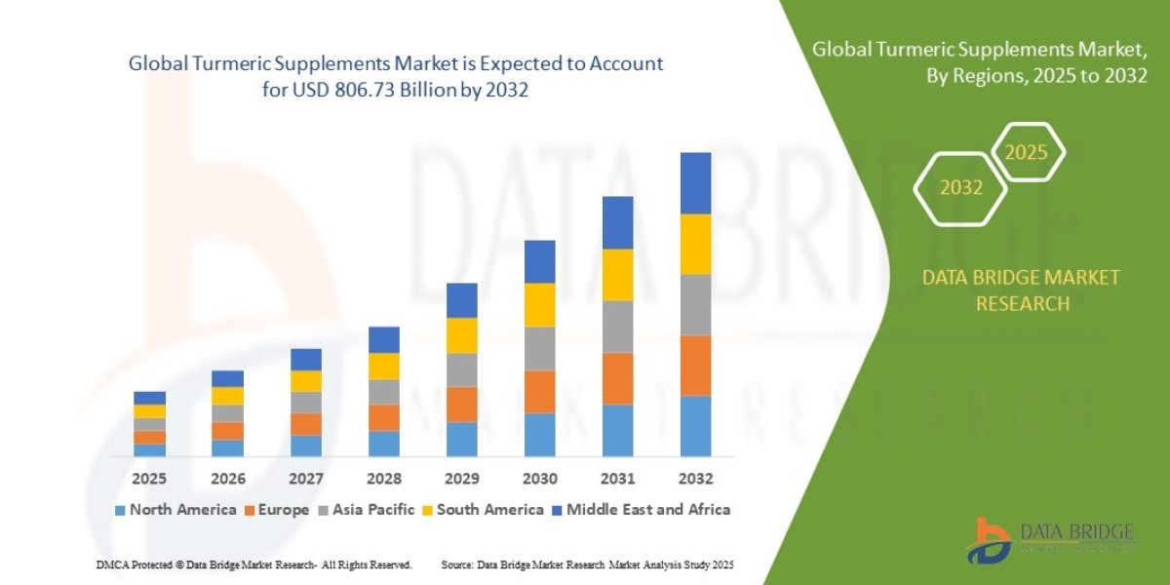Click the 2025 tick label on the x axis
click(149, 479)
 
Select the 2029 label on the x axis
click(461, 479)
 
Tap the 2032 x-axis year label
click(695, 479)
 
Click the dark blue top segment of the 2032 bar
click(695, 182)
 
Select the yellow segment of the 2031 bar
click(617, 274)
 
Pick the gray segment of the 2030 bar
click(539, 348)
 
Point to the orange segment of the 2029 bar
click(461, 404)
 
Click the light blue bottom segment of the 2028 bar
click(383, 443)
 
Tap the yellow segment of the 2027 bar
click(305, 380)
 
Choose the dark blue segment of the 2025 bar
click(149, 397)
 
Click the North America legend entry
click(175, 509)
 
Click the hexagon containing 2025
click(1026, 152)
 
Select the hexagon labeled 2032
click(960, 188)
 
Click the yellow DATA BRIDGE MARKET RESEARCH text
click(1021, 291)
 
